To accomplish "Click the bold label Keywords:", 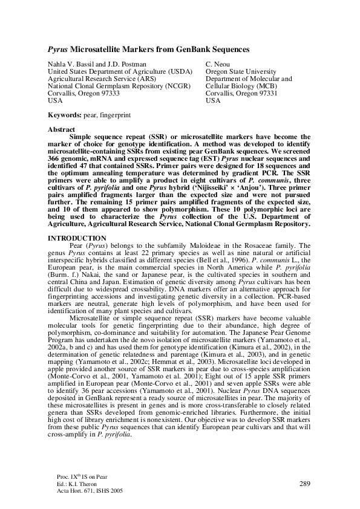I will click(65, 114).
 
